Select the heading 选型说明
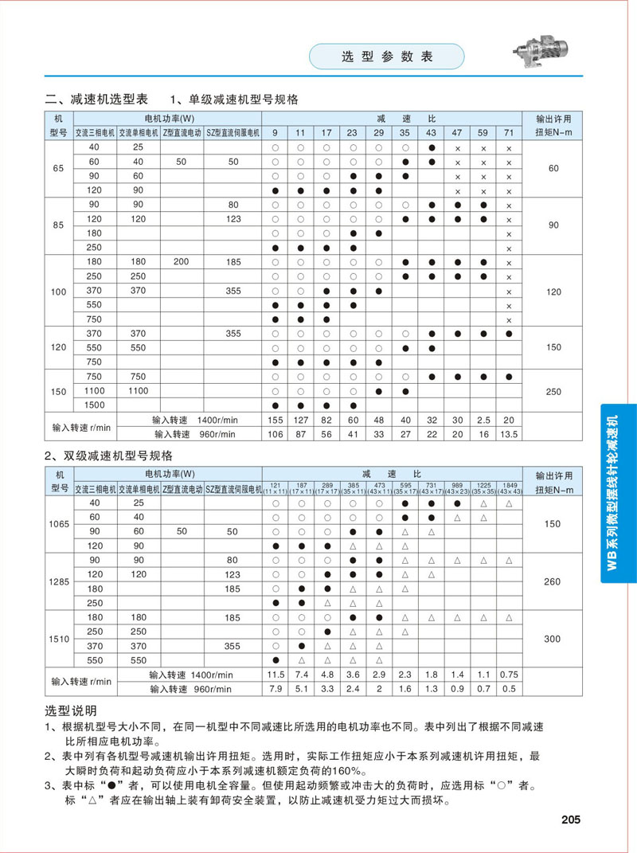pos(71,710)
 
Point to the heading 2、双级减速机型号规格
pos(108,456)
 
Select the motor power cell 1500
pos(95,405)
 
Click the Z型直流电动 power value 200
pos(181,261)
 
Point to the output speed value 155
pos(275,420)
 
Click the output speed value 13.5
pos(509,434)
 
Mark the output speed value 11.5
pos(275,675)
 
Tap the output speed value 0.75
pos(509,675)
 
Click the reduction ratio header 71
pos(509,132)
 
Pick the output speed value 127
pos(300,420)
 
